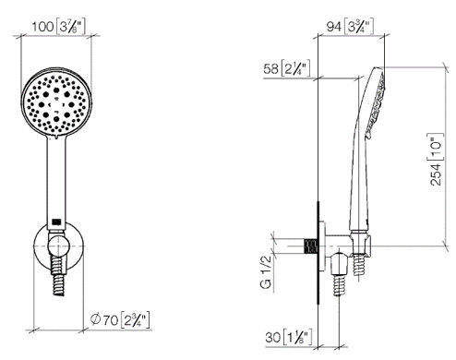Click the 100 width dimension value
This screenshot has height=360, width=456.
click(42, 27)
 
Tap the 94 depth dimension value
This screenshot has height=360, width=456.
click(334, 27)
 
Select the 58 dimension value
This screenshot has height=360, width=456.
click(270, 68)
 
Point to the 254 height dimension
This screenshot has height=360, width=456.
click(436, 174)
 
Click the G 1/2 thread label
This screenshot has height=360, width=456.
click(266, 271)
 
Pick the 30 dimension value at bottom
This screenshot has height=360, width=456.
click(273, 337)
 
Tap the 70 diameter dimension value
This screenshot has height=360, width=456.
click(110, 320)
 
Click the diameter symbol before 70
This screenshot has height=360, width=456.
click(96, 319)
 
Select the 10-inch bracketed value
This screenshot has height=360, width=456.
click(436, 147)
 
